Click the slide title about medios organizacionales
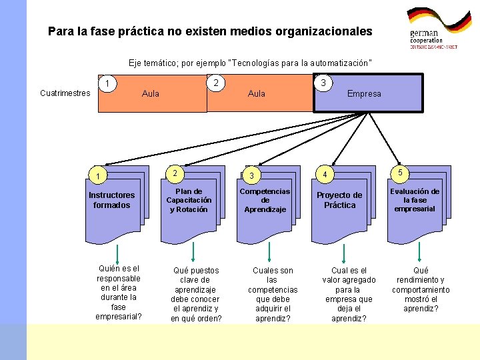[210, 31]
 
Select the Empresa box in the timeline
[368, 93]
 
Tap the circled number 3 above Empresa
[323, 83]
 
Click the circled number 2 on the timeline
[215, 83]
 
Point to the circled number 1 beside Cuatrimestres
[107, 83]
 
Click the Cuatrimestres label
[65, 93]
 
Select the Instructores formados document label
[111, 200]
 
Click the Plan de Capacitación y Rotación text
[189, 200]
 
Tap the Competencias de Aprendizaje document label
[265, 200]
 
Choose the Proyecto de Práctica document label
[339, 200]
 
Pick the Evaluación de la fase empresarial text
[415, 200]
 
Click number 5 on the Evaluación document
[400, 173]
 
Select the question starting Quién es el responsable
[119, 293]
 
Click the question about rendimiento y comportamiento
[421, 289]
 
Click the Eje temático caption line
[250, 63]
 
